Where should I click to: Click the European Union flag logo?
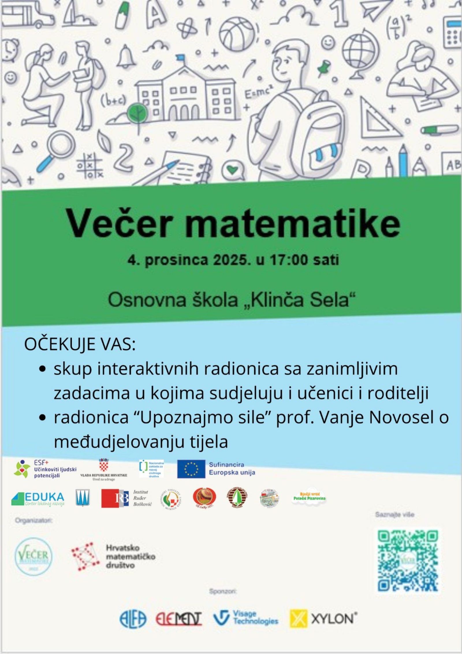(x=191, y=469)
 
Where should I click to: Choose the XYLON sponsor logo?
(x=323, y=619)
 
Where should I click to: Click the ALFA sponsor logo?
(x=133, y=619)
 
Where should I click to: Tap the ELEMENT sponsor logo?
(x=178, y=619)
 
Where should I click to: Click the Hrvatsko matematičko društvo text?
(x=131, y=557)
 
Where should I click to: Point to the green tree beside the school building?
(x=137, y=112)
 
